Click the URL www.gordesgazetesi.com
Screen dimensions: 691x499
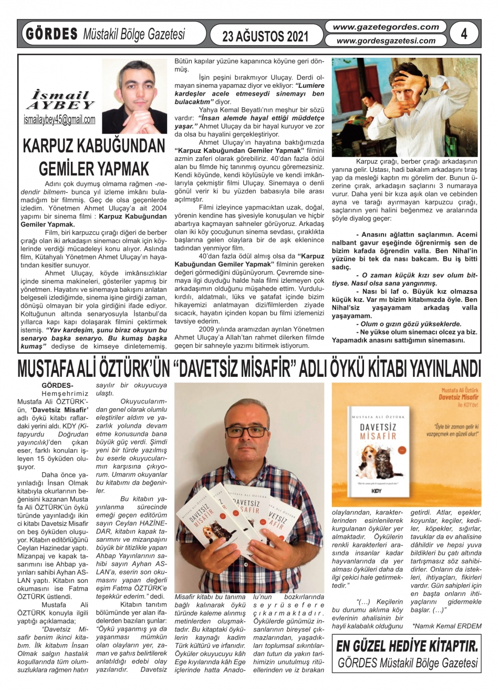(x=386, y=40)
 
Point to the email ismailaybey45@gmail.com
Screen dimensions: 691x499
(x=60, y=120)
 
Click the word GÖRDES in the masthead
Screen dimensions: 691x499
(x=50, y=34)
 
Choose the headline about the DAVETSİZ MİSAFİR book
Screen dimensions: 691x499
(x=250, y=368)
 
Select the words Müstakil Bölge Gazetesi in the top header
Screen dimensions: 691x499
(x=134, y=35)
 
